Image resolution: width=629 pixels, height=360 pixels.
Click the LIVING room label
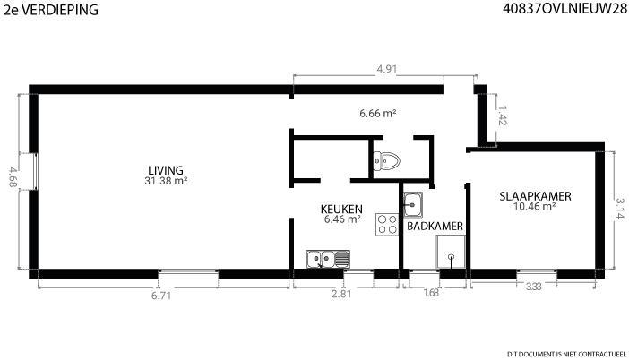click(166, 170)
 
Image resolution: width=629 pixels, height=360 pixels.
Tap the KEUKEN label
click(341, 209)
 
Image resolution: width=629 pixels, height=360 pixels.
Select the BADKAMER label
click(435, 226)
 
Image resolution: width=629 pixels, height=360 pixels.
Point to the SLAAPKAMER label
click(536, 196)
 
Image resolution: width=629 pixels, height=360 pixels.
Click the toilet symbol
click(386, 161)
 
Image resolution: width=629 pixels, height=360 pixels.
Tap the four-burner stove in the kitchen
click(387, 224)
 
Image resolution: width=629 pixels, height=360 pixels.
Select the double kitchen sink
click(328, 259)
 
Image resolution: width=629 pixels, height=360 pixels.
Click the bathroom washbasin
click(412, 204)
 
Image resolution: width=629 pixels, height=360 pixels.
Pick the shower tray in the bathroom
click(451, 252)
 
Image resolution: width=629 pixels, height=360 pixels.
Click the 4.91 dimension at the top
click(387, 69)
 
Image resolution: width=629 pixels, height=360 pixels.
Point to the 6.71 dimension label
click(161, 296)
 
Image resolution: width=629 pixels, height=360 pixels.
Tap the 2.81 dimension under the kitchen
click(341, 294)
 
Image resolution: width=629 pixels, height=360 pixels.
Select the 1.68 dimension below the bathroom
click(431, 293)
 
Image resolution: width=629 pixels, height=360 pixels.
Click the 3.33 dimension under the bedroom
click(533, 287)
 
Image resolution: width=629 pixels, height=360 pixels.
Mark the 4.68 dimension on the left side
click(13, 176)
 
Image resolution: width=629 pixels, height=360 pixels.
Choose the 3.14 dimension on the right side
click(620, 209)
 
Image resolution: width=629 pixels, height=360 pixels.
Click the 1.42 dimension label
click(502, 116)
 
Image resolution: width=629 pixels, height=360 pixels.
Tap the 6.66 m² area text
click(378, 114)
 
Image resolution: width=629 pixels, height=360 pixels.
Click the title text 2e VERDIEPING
click(51, 10)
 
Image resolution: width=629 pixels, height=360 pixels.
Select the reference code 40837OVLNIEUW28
click(564, 9)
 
